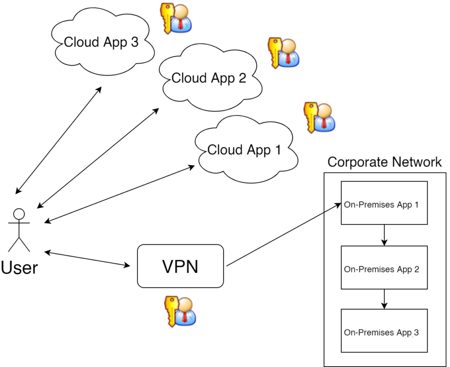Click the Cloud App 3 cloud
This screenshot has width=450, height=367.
[102, 43]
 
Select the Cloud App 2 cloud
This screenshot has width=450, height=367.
[209, 78]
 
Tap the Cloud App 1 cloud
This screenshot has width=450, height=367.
[244, 150]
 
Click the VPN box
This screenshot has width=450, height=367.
[181, 266]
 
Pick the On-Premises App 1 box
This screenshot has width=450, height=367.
[385, 205]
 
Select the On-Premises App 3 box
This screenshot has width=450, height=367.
[385, 333]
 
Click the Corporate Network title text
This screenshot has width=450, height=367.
[385, 162]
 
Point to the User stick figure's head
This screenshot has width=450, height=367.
[19, 214]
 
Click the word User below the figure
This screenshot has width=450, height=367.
[19, 267]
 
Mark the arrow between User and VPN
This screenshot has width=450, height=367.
[88, 259]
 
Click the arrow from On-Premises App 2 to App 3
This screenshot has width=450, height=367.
[385, 299]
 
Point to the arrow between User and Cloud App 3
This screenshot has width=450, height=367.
[58, 140]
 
